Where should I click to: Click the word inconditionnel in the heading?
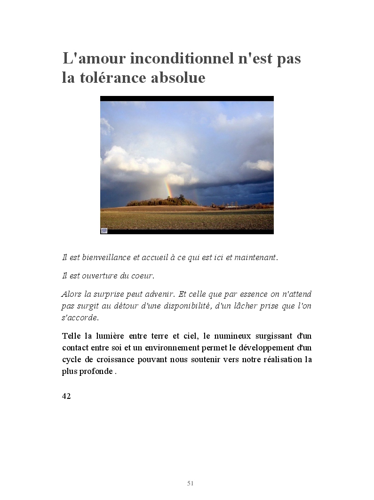click(x=178, y=59)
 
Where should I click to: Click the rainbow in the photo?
click(x=168, y=188)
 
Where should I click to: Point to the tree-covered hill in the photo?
click(x=162, y=201)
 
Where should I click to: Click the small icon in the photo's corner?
click(x=104, y=230)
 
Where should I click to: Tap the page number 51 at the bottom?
click(x=191, y=483)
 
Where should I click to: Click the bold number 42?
click(x=66, y=396)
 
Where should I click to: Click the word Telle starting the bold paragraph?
click(x=71, y=336)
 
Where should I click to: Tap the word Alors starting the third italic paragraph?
click(x=72, y=294)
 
